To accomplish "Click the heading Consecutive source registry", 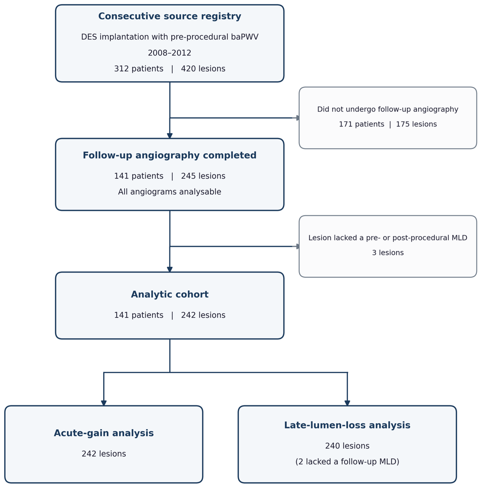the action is [x=170, y=16].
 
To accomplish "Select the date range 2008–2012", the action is [x=170, y=53].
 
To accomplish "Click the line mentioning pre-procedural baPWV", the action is [x=170, y=37].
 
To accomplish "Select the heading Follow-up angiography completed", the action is [x=170, y=155].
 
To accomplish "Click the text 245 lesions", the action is [x=203, y=176].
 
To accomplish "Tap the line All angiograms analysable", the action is [x=170, y=192].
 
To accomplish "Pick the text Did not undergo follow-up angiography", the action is [x=388, y=109].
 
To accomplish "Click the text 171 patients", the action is [x=362, y=124].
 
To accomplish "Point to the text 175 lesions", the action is [x=417, y=124].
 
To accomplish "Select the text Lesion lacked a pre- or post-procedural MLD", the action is [x=388, y=238].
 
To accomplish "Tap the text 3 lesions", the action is [x=388, y=253].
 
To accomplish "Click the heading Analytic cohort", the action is [x=170, y=294].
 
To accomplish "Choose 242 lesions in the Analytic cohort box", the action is [x=203, y=315].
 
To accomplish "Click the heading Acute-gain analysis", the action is [x=104, y=433].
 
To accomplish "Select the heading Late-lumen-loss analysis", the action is [x=347, y=425].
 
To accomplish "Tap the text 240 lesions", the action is [x=347, y=446].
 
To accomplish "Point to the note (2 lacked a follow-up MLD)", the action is [x=347, y=462].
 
